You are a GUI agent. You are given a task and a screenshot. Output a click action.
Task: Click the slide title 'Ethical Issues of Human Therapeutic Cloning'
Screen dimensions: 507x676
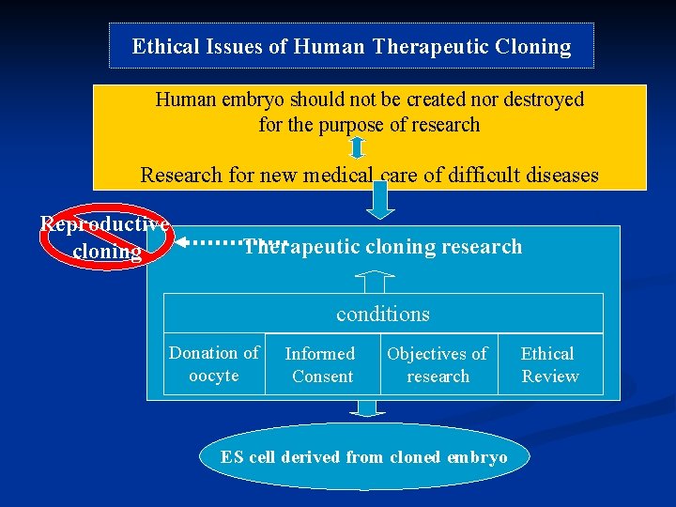351,47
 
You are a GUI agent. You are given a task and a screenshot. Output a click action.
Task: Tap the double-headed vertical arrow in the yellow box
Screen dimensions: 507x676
357,146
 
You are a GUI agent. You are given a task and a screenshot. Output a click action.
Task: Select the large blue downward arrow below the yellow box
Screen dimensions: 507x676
379,200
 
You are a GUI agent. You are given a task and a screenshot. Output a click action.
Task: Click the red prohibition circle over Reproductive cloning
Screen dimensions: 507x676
103,237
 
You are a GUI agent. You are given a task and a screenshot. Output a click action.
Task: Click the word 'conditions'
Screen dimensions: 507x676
383,315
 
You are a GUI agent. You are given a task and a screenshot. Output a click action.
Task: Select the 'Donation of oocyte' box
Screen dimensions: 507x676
214,364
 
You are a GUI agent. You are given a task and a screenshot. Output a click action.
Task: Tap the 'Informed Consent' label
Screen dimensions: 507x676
322,365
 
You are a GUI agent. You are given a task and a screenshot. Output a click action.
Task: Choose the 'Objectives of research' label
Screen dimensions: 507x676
438,365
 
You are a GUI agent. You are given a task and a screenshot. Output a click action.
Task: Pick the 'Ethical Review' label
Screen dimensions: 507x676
549,365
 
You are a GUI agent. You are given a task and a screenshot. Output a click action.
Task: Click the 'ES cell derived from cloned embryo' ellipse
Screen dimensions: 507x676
364,457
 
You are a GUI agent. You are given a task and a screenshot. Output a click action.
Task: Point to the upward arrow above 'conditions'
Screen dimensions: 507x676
376,281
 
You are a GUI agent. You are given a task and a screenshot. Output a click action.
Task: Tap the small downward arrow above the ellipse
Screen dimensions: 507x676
367,407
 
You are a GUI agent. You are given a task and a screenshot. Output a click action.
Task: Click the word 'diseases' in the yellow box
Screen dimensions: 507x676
560,175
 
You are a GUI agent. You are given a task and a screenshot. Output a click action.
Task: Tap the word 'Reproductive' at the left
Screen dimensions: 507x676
104,224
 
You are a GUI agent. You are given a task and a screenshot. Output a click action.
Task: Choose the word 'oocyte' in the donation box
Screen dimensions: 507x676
214,376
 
